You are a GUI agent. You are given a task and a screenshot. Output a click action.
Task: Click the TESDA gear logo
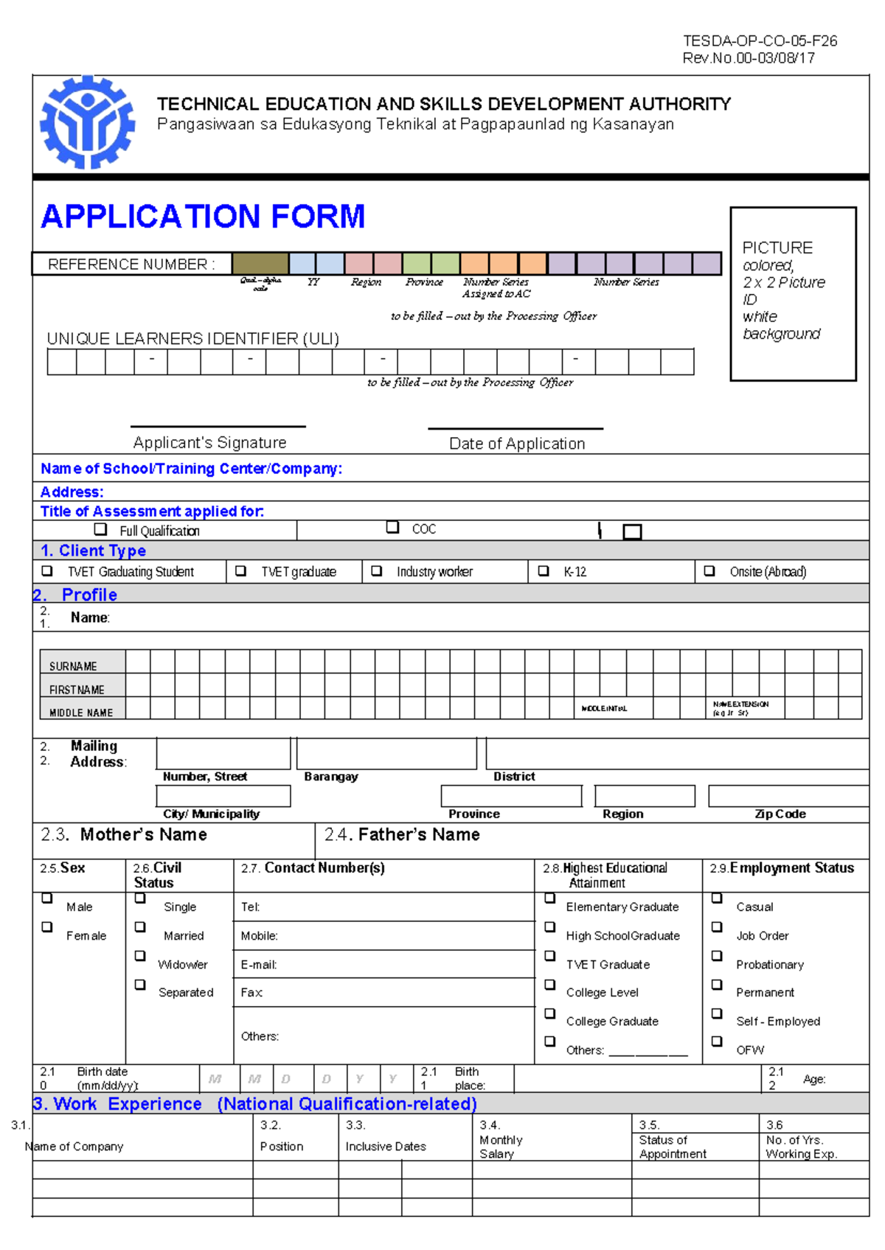pos(87,122)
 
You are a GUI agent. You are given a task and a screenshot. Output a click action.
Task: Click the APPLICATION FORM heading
pos(203,217)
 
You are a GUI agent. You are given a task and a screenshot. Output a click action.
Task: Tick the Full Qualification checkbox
pos(101,529)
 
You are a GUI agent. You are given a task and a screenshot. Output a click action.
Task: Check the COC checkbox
pos(393,528)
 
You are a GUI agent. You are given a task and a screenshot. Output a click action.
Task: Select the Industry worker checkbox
pos(377,571)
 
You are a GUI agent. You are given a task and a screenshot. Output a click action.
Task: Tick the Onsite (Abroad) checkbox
pos(709,571)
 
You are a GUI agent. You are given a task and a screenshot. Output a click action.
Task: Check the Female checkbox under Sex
pos(47,927)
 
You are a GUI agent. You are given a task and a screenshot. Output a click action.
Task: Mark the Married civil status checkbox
pos(140,927)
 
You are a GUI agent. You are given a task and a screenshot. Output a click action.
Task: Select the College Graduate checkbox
pos(550,1013)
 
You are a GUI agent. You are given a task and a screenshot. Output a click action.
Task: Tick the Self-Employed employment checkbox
pos(717,1013)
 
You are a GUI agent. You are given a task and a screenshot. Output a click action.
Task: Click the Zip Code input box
pos(788,796)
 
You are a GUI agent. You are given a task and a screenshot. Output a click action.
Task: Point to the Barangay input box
pos(386,754)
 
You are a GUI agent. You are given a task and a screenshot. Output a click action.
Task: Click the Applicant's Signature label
pos(210,443)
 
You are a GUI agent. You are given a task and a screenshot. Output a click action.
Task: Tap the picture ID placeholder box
pos(793,293)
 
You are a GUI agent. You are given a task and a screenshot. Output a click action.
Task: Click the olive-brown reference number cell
pos(260,264)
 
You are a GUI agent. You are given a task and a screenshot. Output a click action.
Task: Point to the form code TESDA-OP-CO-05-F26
pos(760,41)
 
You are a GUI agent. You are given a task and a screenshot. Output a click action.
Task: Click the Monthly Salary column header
pos(501,1147)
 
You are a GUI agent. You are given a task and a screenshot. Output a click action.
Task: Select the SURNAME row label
pos(74,666)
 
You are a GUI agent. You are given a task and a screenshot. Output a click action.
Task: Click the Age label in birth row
pos(814,1079)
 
